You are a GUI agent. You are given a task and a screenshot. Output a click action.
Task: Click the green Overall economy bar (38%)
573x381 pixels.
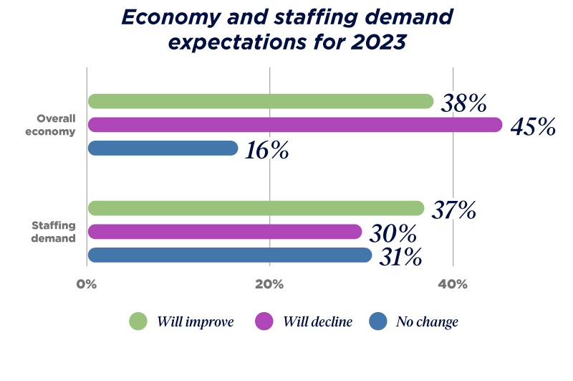click(x=261, y=101)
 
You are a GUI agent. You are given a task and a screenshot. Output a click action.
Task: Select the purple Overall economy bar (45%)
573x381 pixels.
click(x=294, y=125)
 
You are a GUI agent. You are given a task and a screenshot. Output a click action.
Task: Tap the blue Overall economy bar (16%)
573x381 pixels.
click(x=163, y=148)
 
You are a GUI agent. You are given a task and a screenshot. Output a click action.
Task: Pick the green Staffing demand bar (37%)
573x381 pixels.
click(x=256, y=208)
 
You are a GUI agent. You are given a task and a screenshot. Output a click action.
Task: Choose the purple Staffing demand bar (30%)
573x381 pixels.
click(x=224, y=232)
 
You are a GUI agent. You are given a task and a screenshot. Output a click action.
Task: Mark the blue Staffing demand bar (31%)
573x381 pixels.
click(x=229, y=255)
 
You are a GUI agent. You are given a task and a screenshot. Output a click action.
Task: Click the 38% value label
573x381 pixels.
click(x=463, y=103)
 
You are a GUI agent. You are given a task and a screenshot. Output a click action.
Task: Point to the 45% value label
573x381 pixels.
click(x=533, y=127)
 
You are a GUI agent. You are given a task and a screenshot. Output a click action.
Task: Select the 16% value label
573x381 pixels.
click(x=269, y=149)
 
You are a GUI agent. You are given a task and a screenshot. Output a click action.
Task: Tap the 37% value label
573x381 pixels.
click(x=453, y=209)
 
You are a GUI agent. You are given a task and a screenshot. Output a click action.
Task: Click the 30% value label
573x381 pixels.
click(x=393, y=233)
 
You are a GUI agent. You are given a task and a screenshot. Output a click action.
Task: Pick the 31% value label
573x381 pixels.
click(x=400, y=256)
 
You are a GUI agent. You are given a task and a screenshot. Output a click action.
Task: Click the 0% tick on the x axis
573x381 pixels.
click(x=87, y=284)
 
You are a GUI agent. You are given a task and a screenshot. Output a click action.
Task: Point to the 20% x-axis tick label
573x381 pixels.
click(x=269, y=284)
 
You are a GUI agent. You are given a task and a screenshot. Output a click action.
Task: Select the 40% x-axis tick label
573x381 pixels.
click(x=453, y=284)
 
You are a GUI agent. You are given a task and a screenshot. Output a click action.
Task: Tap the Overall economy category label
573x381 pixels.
click(x=56, y=125)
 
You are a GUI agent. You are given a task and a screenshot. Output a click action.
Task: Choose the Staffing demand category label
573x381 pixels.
click(x=54, y=232)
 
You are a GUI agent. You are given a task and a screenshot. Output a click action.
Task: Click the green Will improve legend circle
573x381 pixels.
click(x=138, y=322)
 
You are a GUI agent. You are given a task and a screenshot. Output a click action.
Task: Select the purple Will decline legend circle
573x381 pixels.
click(x=264, y=322)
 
